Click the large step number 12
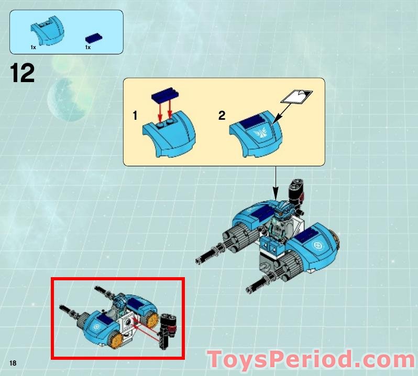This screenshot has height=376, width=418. pyautogui.click(x=22, y=73)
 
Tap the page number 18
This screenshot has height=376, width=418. pyautogui.click(x=14, y=362)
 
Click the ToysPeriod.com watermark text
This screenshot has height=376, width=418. pyautogui.click(x=311, y=360)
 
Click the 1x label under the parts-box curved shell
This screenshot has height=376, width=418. pyautogui.click(x=34, y=48)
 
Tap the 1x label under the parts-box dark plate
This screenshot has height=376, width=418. pyautogui.click(x=88, y=48)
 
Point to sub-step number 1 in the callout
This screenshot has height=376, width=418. pyautogui.click(x=135, y=116)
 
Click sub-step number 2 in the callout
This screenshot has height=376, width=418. pyautogui.click(x=222, y=116)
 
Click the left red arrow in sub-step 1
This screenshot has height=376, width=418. pyautogui.click(x=160, y=111)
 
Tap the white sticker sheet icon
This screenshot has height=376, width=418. pyautogui.click(x=296, y=97)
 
